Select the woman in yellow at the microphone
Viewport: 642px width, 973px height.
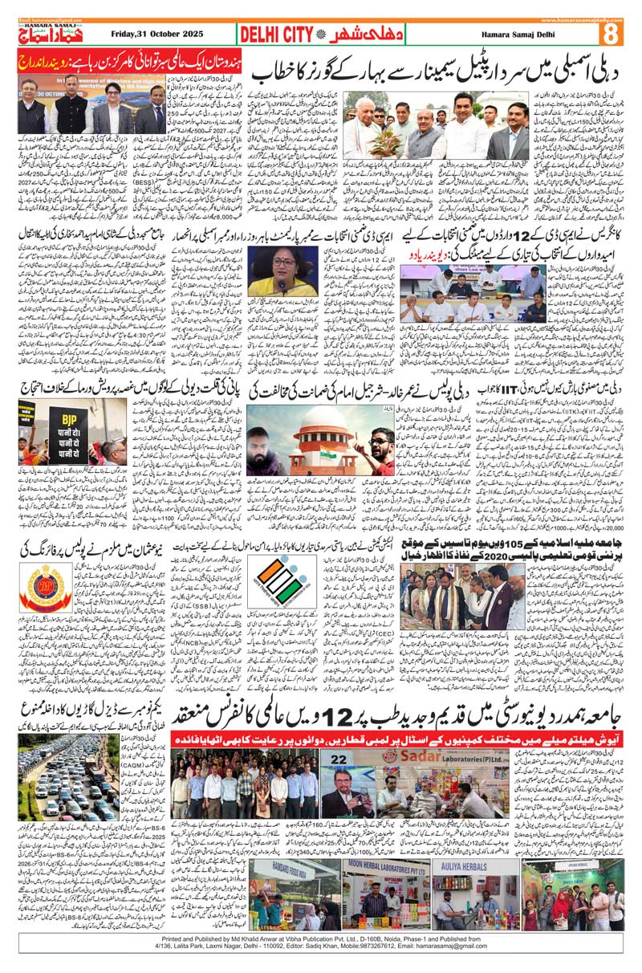[x=275, y=273]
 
